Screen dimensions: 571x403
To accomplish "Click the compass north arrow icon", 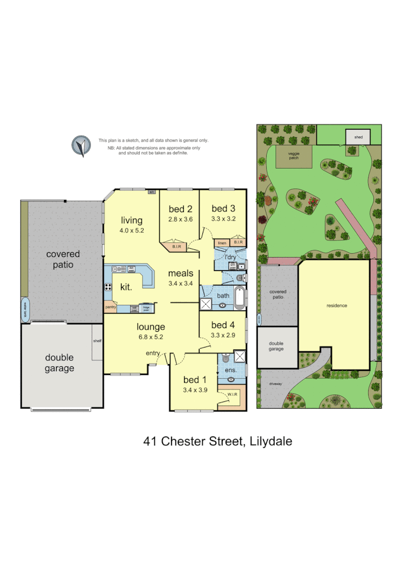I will tap(81, 145).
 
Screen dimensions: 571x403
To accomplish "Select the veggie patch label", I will tap(294, 156).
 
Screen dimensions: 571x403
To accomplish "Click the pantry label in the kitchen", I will tap(111, 308).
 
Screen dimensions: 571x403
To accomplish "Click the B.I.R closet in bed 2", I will tap(176, 247).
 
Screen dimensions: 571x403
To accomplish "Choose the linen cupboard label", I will tap(222, 243).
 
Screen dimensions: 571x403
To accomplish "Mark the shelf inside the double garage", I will tap(97, 341).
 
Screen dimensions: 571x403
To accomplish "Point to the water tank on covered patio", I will tap(24, 309).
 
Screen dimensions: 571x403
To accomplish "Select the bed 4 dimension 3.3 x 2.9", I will tap(222, 335).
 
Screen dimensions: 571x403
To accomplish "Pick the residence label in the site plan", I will tap(337, 305).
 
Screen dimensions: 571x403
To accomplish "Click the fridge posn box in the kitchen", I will tap(145, 309).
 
